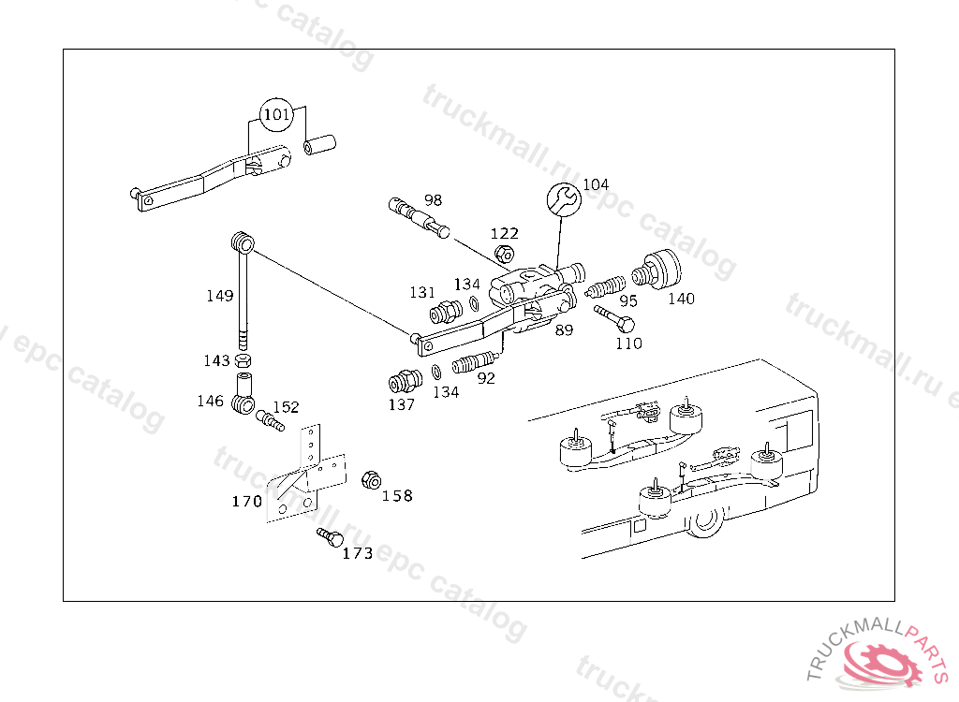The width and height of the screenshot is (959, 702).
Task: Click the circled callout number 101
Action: (276, 114)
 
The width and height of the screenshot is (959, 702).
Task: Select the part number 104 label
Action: (596, 184)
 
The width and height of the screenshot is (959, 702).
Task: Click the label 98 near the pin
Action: (433, 200)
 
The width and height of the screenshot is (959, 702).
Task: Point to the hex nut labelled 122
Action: (504, 253)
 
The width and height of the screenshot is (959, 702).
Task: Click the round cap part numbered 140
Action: (659, 271)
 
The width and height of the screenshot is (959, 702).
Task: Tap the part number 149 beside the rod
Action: (220, 296)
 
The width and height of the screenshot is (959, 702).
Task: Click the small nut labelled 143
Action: (242, 360)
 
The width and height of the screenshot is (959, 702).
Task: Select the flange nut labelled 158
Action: (370, 480)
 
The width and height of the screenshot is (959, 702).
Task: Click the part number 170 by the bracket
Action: (247, 502)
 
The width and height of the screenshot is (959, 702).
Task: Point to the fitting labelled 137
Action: (402, 383)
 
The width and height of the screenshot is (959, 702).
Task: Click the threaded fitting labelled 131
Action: (443, 311)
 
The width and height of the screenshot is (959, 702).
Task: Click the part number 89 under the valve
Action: (564, 330)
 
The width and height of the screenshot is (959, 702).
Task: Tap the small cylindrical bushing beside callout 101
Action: (320, 146)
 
